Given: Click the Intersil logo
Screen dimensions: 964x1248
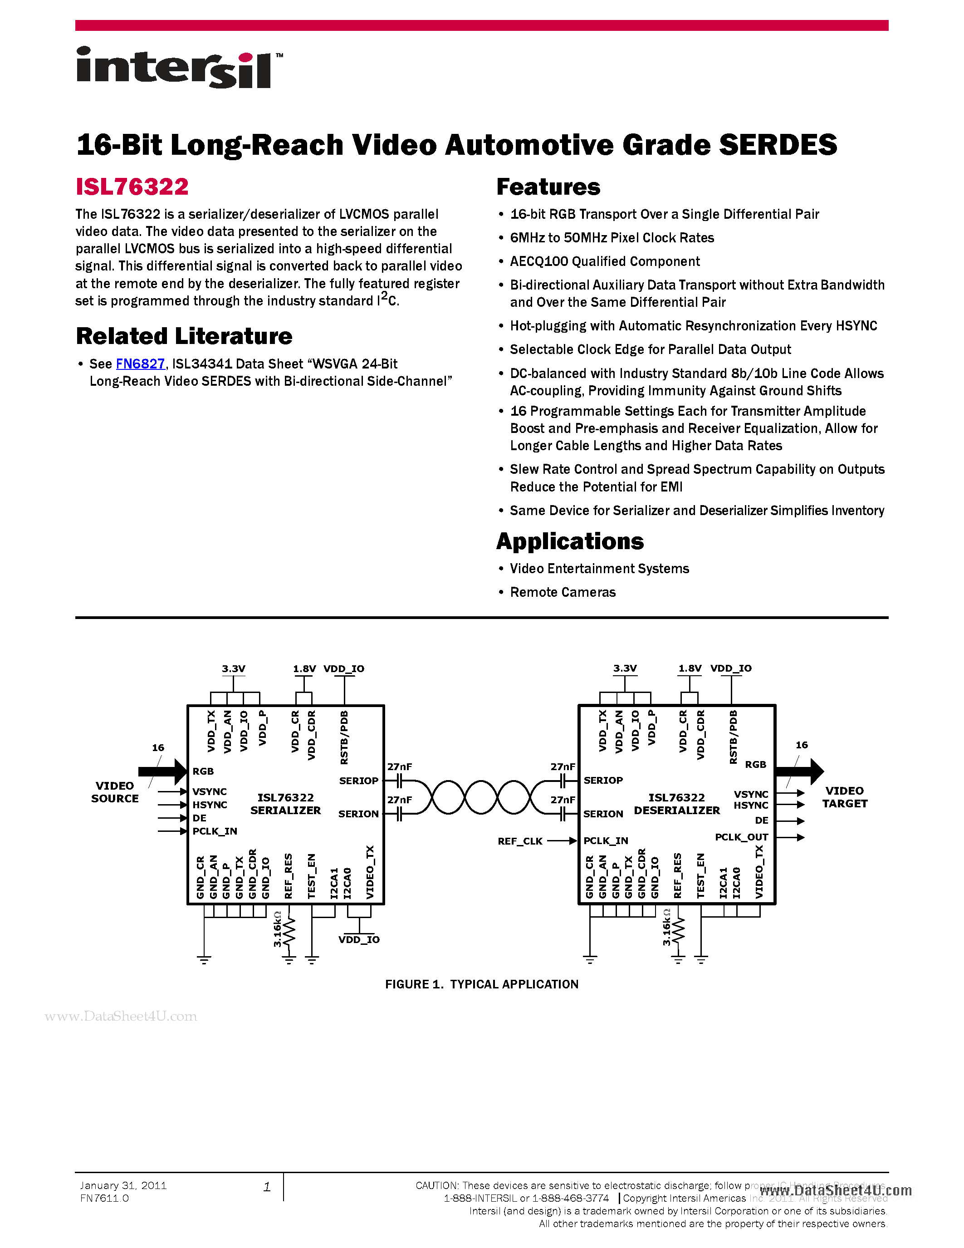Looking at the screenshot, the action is tap(178, 68).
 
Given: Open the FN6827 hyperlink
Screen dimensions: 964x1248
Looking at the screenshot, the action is tap(140, 364).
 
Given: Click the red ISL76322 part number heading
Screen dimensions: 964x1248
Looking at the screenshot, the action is tap(132, 187).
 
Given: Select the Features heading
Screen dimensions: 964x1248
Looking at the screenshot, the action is tap(548, 187).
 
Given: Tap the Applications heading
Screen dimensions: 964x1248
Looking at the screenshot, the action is tap(569, 541).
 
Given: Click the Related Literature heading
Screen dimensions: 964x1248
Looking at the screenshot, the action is tap(184, 336).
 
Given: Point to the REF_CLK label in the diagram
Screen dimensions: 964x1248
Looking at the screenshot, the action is tap(520, 841).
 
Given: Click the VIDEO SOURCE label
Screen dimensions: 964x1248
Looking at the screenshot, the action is tap(115, 792).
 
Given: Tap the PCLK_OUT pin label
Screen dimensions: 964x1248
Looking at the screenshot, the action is tap(741, 837).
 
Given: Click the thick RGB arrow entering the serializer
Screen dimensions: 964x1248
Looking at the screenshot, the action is tap(163, 771).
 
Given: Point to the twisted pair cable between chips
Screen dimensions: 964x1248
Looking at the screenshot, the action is tap(481, 797).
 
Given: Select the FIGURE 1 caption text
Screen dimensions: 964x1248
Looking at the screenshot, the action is tap(481, 984).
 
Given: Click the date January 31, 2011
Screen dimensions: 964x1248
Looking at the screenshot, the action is tap(123, 1186).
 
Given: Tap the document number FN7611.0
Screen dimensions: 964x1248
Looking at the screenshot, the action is tap(104, 1198).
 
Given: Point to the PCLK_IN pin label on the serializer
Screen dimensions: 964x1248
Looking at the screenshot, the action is tap(215, 831).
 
